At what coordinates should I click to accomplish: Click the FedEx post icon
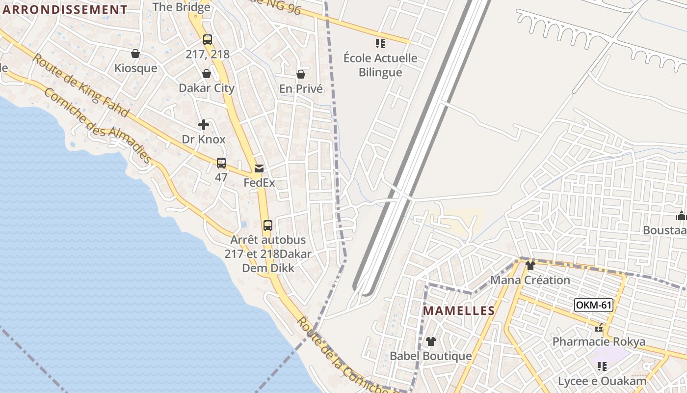[x=259, y=168]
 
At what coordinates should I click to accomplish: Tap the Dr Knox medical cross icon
[x=204, y=125]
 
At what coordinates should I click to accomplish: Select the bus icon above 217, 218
[x=208, y=40]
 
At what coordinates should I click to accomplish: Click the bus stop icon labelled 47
[x=221, y=163]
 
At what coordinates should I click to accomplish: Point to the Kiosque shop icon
[x=135, y=54]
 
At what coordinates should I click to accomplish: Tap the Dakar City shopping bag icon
[x=207, y=74]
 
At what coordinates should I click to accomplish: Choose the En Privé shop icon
[x=301, y=74]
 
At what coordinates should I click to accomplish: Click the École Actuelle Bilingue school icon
[x=380, y=44]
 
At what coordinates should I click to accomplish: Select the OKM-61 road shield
[x=593, y=305]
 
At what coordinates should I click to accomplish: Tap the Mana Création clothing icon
[x=530, y=266]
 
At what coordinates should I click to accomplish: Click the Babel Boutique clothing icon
[x=430, y=341]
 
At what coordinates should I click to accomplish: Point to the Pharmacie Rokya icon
[x=599, y=328]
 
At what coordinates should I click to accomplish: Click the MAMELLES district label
[x=459, y=310]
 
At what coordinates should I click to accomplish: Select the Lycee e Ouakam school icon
[x=602, y=366]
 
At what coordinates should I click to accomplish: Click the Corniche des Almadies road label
[x=97, y=126]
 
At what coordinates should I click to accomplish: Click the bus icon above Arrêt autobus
[x=267, y=225]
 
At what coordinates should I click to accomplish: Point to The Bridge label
[x=182, y=7]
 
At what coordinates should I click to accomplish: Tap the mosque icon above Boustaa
[x=681, y=216]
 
